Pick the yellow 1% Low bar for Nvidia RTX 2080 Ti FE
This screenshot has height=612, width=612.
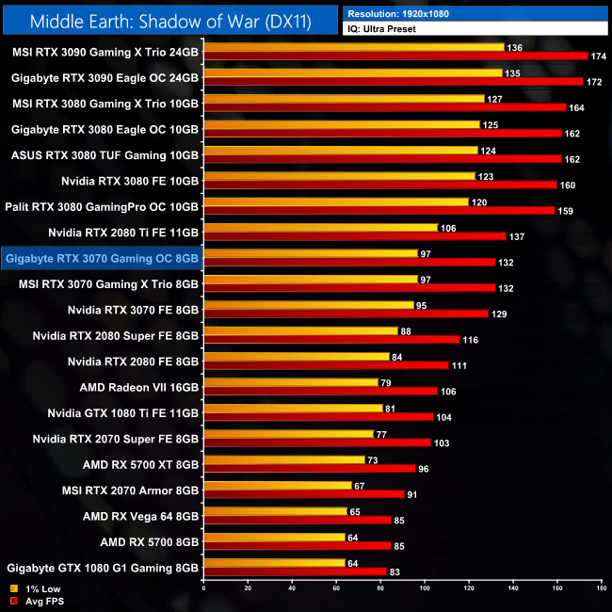coord(320,227)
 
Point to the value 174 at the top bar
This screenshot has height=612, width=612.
coord(598,56)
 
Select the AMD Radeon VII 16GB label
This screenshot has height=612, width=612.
coord(139,386)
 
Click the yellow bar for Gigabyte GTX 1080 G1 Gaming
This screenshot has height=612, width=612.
coord(274,563)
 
